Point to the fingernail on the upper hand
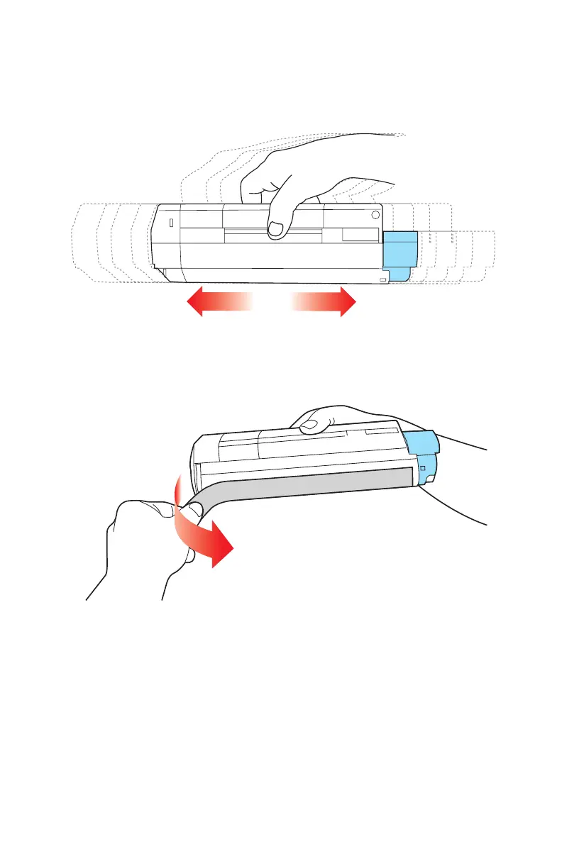(x=275, y=228)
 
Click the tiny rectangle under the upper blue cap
(x=383, y=281)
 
